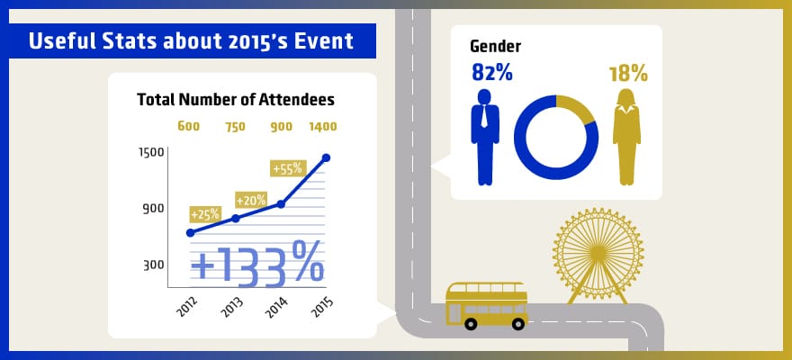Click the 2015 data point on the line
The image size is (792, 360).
tap(326, 157)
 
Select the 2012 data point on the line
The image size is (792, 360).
tap(190, 233)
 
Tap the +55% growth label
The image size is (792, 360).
tap(289, 168)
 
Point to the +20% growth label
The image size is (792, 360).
tap(251, 200)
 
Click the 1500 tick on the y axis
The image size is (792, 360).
tap(150, 151)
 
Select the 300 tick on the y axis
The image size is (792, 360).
tap(152, 265)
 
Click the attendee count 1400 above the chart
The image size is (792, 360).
tap(323, 126)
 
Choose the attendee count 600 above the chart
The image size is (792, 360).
tap(188, 126)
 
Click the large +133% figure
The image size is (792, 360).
tap(256, 265)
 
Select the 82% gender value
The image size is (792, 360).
tap(490, 73)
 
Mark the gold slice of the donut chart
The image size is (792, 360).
tap(580, 110)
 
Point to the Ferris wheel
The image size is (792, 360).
tap(598, 255)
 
